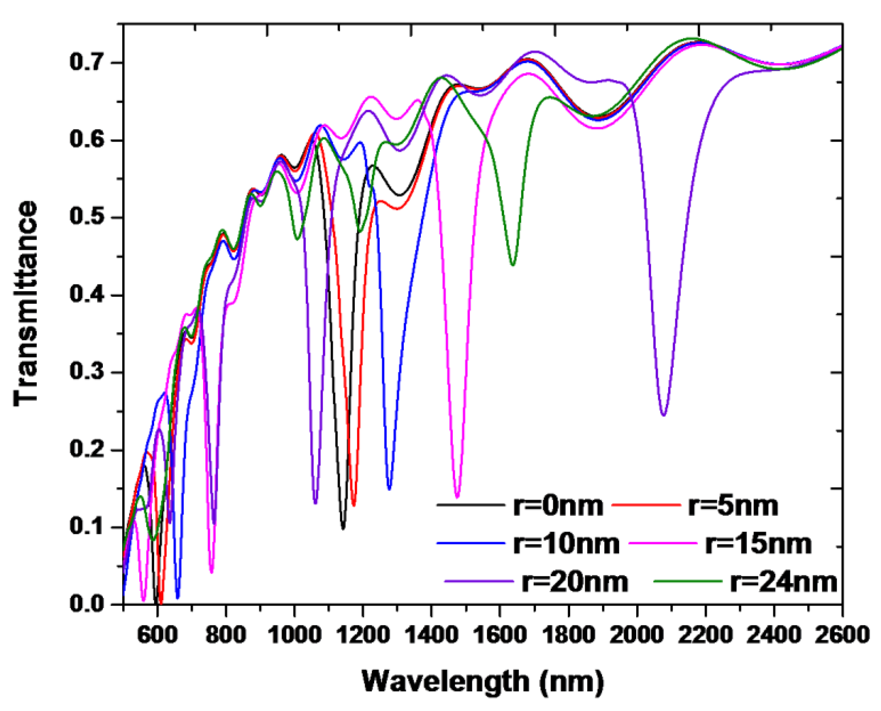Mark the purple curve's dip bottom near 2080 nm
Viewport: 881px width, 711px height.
point(664,415)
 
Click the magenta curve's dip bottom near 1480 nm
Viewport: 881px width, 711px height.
point(457,497)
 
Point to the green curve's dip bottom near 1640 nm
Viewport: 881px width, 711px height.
point(513,265)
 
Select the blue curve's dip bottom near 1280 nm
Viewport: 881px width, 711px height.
point(389,489)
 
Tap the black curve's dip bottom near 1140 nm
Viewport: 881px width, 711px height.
point(343,529)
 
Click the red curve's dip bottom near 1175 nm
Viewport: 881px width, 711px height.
point(354,505)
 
